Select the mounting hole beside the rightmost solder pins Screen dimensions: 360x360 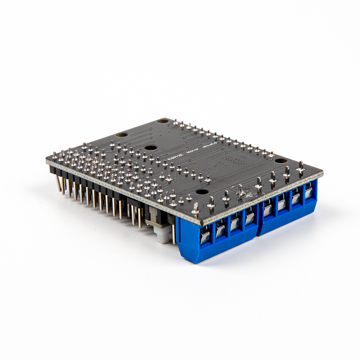(x=280, y=161)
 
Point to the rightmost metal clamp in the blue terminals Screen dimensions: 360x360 (x=309, y=192)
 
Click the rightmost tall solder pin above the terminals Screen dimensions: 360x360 (x=301, y=168)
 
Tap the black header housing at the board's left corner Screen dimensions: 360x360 (x=54, y=169)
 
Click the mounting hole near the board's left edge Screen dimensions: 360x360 (x=122, y=135)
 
